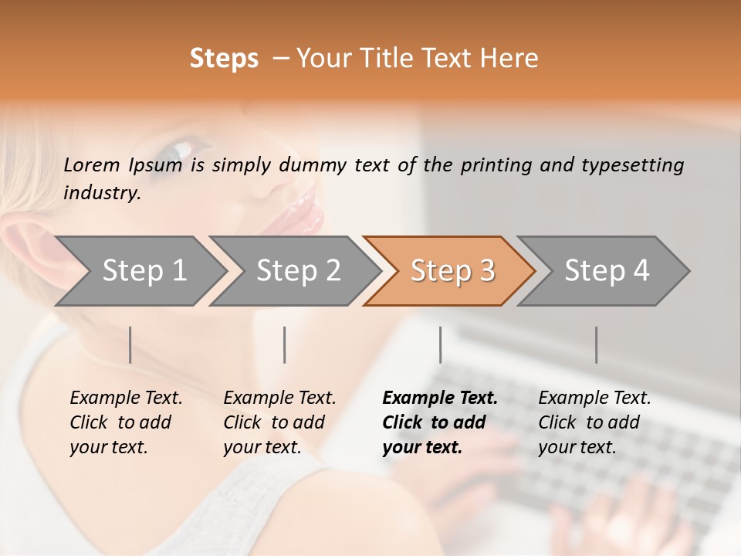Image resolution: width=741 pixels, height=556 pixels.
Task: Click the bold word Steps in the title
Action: point(224,59)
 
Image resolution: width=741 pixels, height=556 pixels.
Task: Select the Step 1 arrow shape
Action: point(139,270)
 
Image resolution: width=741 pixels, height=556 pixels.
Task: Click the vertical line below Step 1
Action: point(130,344)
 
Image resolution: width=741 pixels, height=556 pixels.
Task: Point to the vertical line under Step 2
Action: point(285,344)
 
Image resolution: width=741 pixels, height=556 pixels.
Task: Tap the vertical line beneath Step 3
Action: point(440,344)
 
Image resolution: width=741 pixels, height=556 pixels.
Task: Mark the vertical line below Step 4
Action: point(596,344)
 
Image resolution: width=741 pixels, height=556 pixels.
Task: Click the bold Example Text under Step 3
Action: point(440,398)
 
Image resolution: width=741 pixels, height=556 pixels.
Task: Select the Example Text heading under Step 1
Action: point(126,398)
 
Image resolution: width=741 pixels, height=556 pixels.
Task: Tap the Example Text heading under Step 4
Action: point(594,398)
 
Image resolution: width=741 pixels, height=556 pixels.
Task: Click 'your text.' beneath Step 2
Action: point(262,447)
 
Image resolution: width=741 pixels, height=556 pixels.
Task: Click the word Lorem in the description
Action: point(92,165)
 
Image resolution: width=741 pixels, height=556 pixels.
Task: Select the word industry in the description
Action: point(101,193)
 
